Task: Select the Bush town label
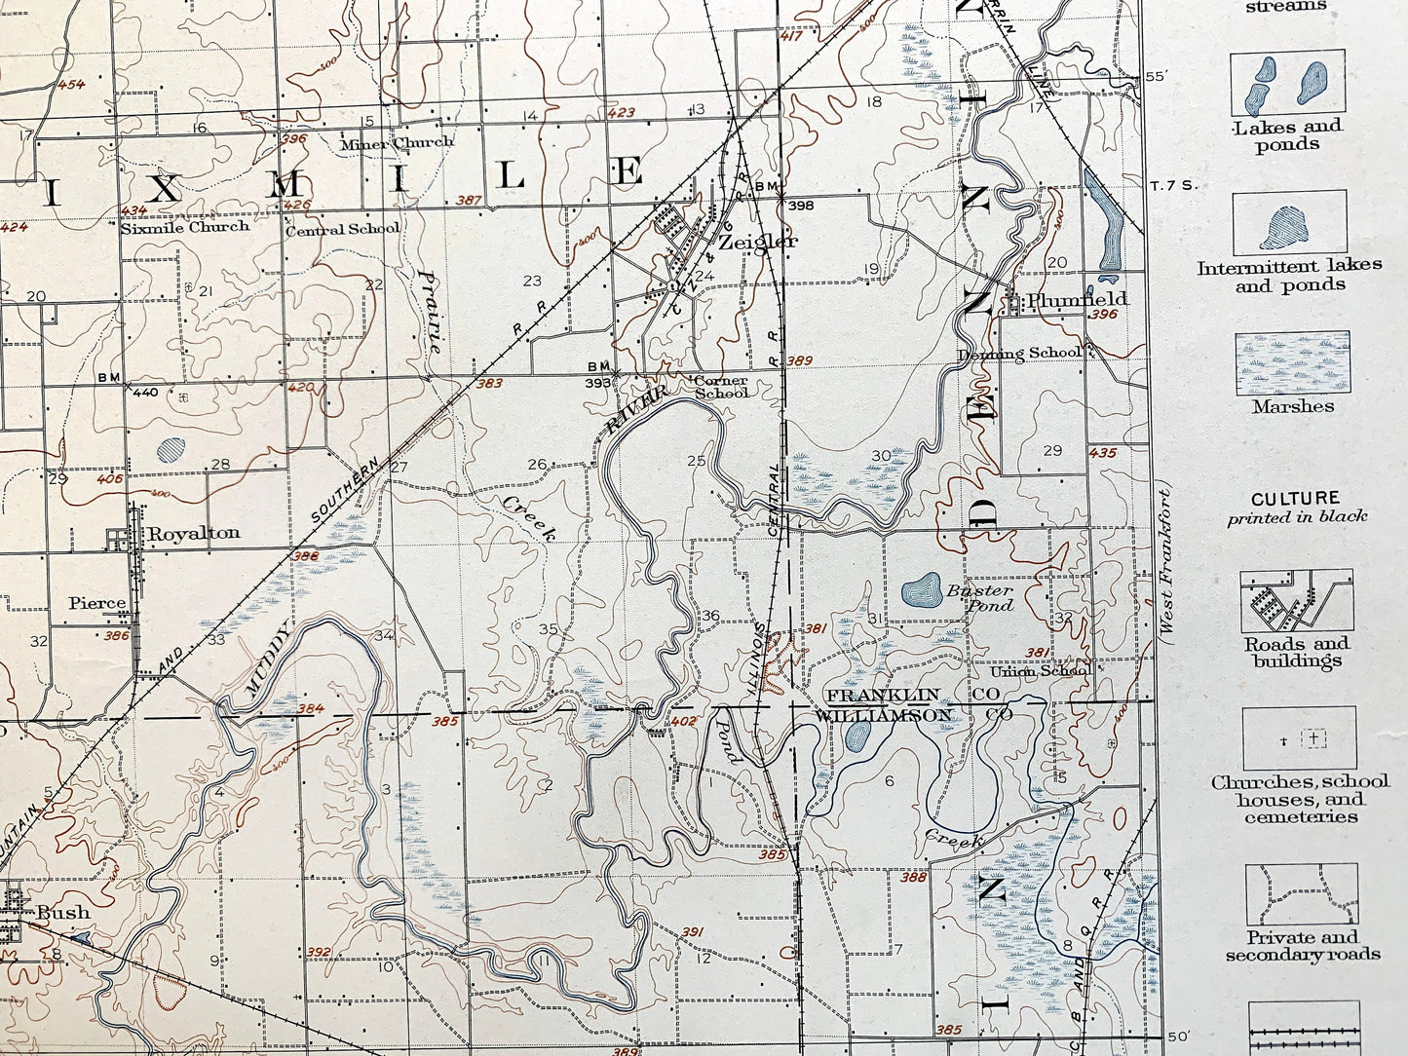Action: pos(63,914)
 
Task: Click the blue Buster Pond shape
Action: pos(920,589)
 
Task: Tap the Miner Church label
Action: pos(397,143)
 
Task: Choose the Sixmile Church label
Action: pos(184,227)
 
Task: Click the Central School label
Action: pos(342,229)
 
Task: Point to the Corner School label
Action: pos(720,387)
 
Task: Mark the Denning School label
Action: pos(1018,353)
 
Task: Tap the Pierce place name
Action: pos(96,603)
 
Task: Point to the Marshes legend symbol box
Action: pos(1292,361)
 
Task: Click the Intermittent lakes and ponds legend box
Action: pos(1288,222)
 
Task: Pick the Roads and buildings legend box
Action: pos(1295,601)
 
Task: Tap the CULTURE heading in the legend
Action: pos(1295,498)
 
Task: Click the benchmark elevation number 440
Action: pos(144,393)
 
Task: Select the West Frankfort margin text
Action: pos(1165,564)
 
